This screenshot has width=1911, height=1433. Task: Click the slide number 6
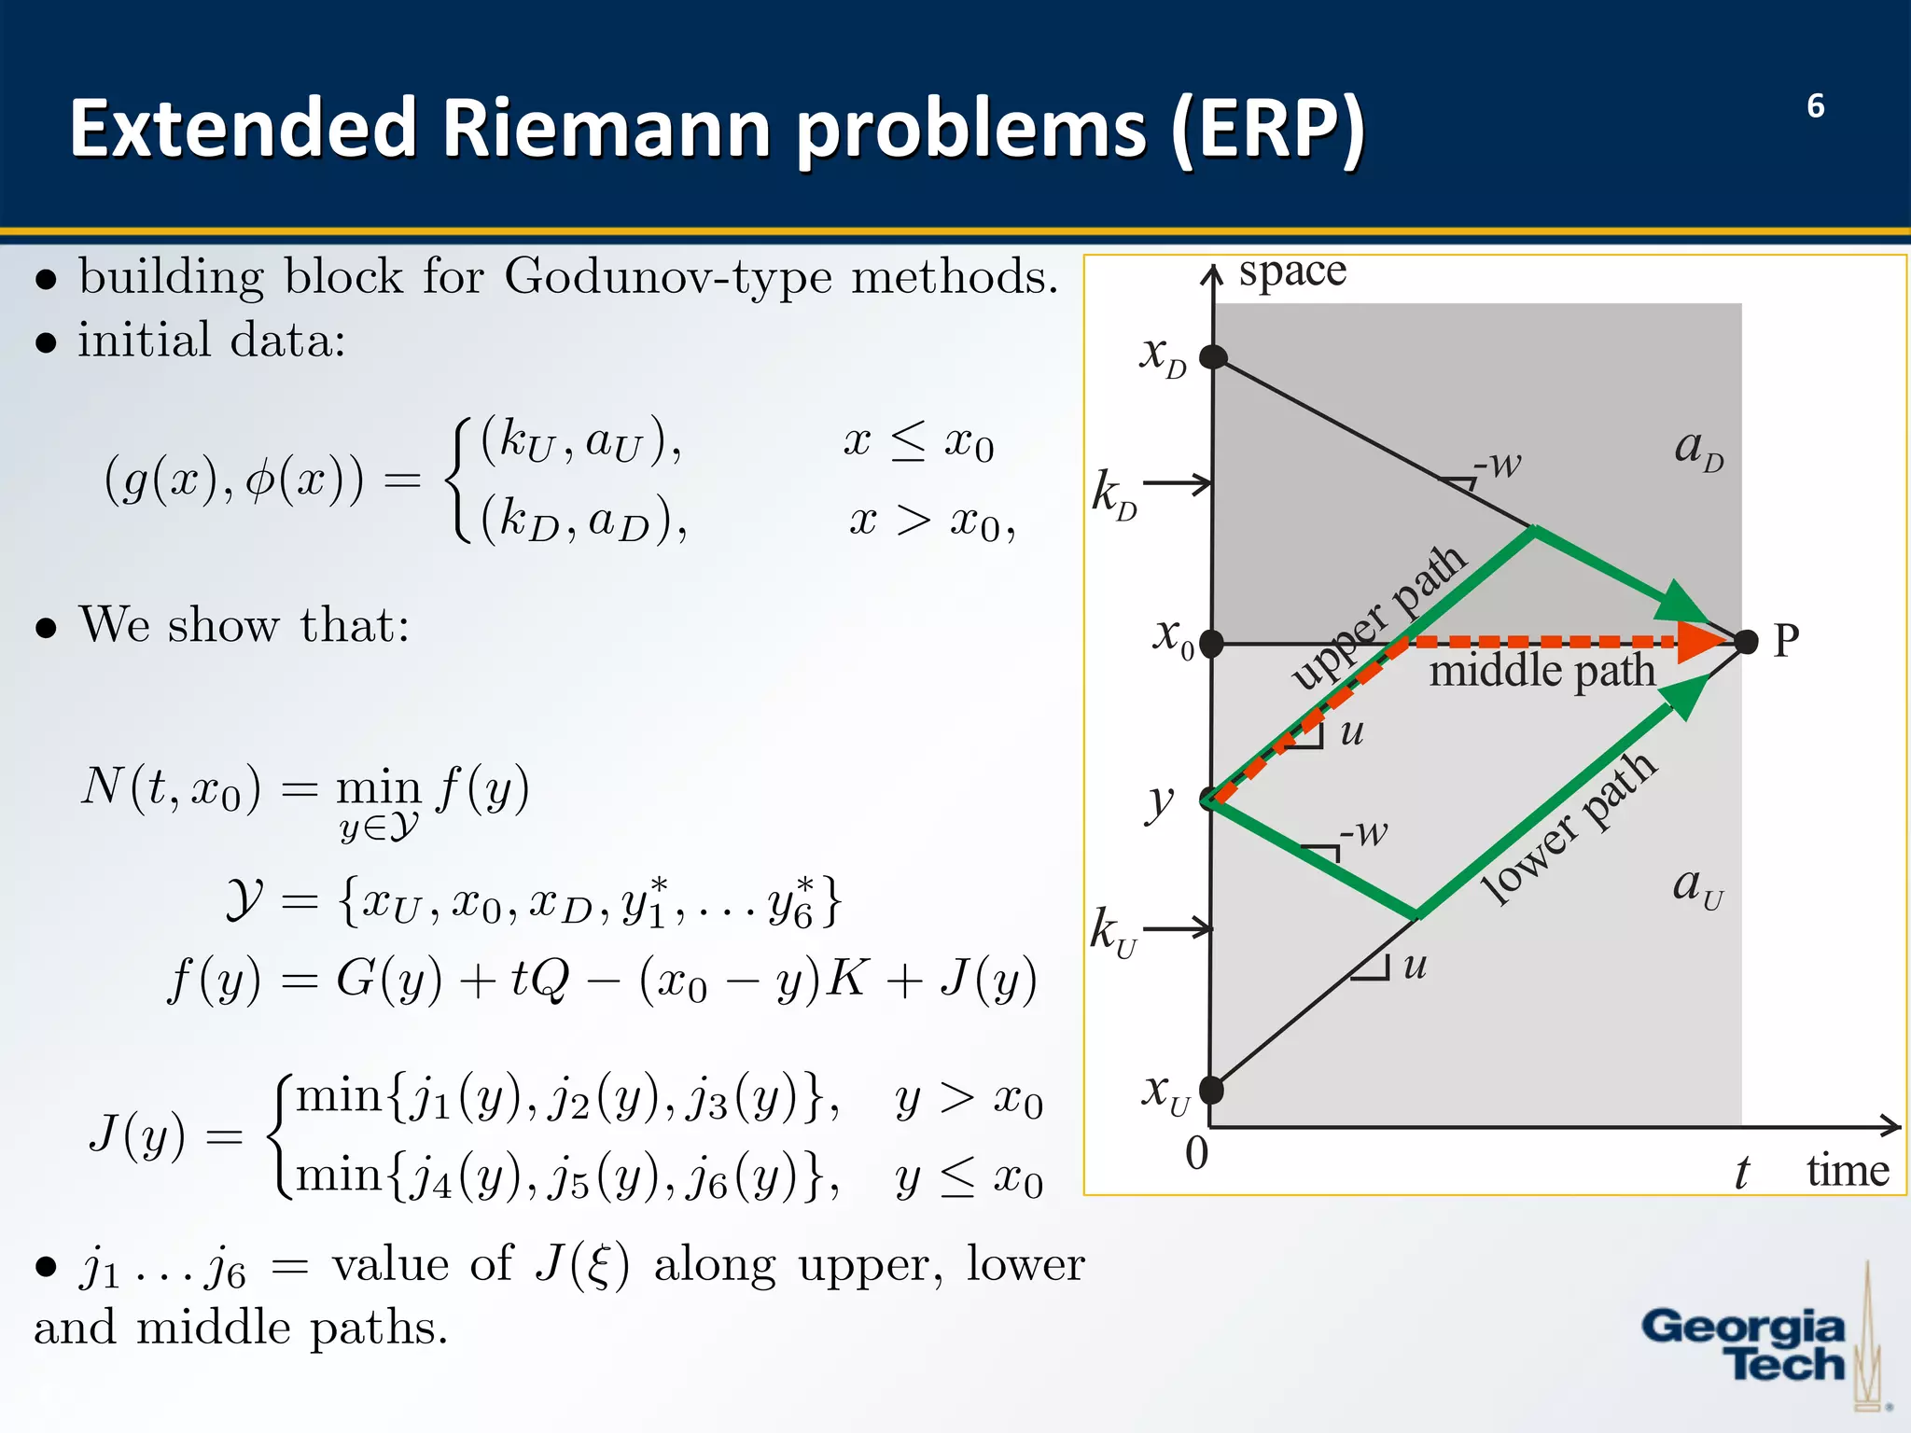pos(1815,106)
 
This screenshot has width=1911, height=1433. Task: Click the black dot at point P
pos(1746,641)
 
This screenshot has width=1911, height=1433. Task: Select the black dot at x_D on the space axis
pos(1212,356)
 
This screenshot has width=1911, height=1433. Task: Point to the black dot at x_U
pos(1211,1089)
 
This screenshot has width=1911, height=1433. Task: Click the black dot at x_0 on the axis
pos(1211,643)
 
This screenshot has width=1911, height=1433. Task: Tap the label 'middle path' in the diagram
pos(1541,671)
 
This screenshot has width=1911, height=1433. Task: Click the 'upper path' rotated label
pos(1378,618)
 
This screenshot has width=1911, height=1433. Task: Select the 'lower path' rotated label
pos(1570,828)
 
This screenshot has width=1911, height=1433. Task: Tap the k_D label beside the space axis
pos(1114,494)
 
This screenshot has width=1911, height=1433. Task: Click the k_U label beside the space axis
pos(1112,931)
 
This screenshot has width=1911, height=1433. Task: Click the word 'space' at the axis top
pos(1292,271)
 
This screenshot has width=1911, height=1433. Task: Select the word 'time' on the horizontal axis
pos(1848,1170)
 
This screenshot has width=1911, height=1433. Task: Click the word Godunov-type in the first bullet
pos(668,277)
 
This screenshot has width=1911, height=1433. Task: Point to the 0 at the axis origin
pos(1196,1153)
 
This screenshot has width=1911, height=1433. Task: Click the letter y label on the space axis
pos(1160,801)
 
